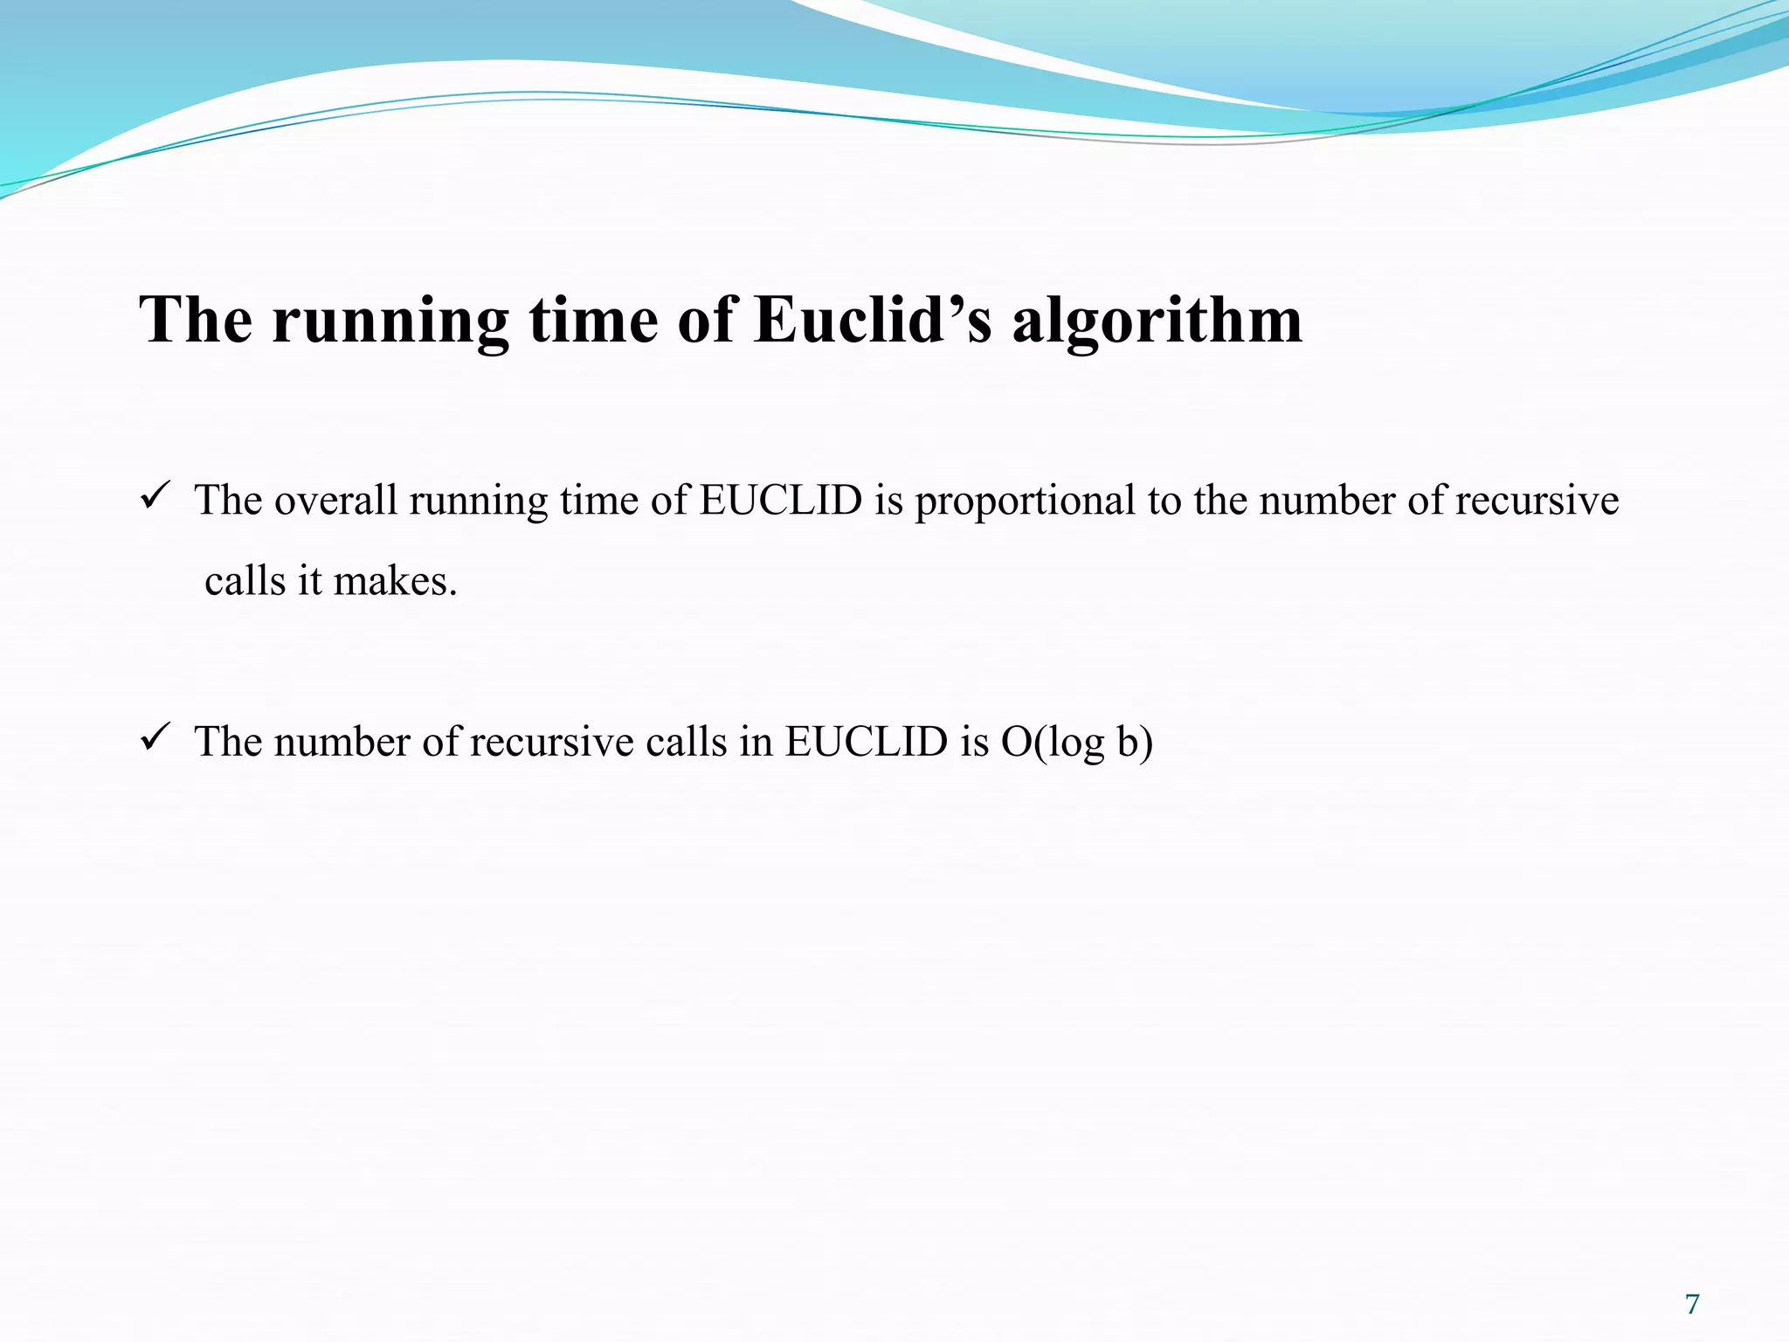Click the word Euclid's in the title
(x=873, y=320)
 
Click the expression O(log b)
(x=1076, y=743)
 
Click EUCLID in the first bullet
(x=780, y=501)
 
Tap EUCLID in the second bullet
(x=866, y=742)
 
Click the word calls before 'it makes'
(x=245, y=581)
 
